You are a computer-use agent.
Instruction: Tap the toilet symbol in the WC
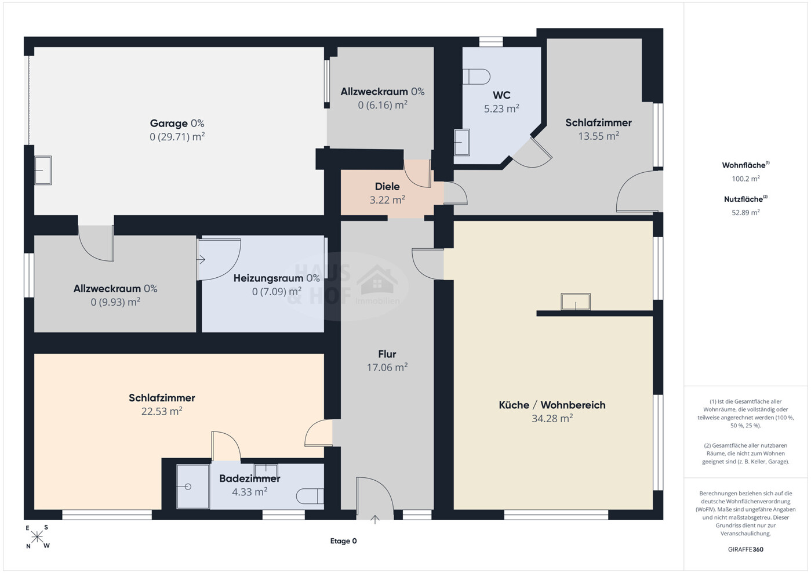476,77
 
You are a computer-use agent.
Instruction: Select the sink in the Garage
43,171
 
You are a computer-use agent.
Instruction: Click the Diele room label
387,187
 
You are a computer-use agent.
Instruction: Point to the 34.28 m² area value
552,418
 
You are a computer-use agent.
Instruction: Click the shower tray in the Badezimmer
193,487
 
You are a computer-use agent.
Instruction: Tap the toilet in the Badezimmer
310,496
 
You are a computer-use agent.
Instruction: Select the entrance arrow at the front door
375,520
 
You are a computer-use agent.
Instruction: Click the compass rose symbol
37,537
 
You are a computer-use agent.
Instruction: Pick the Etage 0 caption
343,541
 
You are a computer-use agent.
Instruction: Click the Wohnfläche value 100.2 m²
745,179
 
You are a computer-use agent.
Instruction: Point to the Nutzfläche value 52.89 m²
745,212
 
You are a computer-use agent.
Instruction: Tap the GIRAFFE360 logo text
745,549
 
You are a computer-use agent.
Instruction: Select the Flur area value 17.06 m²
387,367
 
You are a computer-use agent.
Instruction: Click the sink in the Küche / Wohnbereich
575,302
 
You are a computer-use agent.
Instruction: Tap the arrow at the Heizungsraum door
201,259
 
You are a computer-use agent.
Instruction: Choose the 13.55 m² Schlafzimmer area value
598,136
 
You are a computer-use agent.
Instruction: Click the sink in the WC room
462,142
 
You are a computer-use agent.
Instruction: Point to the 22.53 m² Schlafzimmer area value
162,411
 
